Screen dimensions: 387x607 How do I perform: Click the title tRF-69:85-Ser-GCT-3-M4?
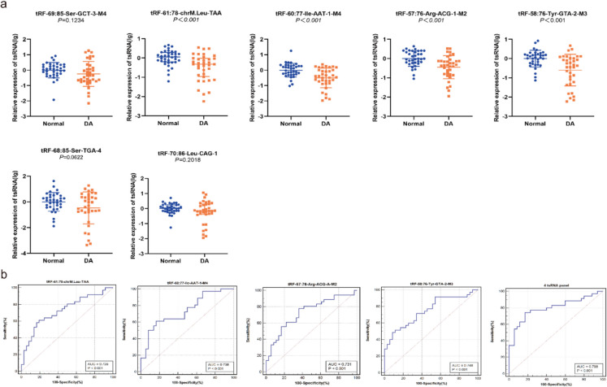[59, 14]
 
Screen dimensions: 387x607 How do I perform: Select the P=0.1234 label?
[59, 22]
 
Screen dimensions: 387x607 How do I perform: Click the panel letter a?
[4, 5]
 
